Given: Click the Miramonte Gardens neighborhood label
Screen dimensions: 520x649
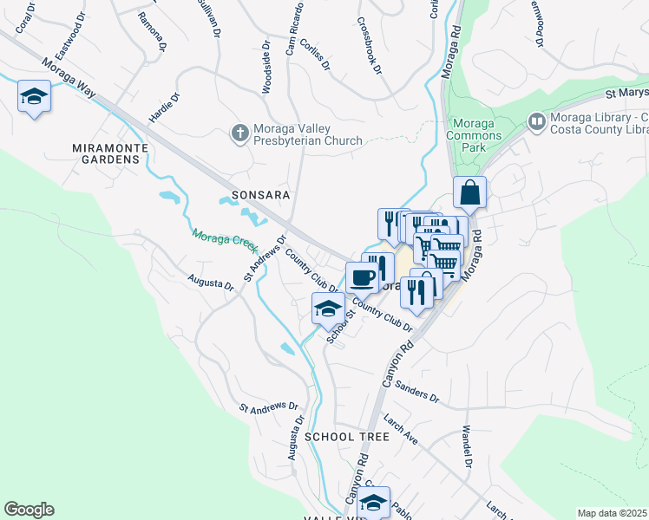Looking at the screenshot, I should tap(110, 153).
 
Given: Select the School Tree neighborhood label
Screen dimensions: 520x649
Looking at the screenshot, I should tap(347, 437).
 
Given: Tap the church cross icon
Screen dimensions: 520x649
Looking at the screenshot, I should tap(239, 132).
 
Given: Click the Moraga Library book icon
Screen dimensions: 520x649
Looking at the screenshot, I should tap(535, 121).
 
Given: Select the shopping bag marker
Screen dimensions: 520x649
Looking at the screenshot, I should tap(469, 193).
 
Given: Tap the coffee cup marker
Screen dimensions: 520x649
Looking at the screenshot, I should tap(362, 277).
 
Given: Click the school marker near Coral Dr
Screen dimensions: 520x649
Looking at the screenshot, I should tap(34, 95).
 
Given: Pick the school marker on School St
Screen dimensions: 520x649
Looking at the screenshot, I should tap(328, 309).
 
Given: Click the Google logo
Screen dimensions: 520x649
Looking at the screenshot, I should tap(29, 510).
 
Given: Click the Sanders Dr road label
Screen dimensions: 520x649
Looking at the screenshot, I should tap(417, 392).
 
